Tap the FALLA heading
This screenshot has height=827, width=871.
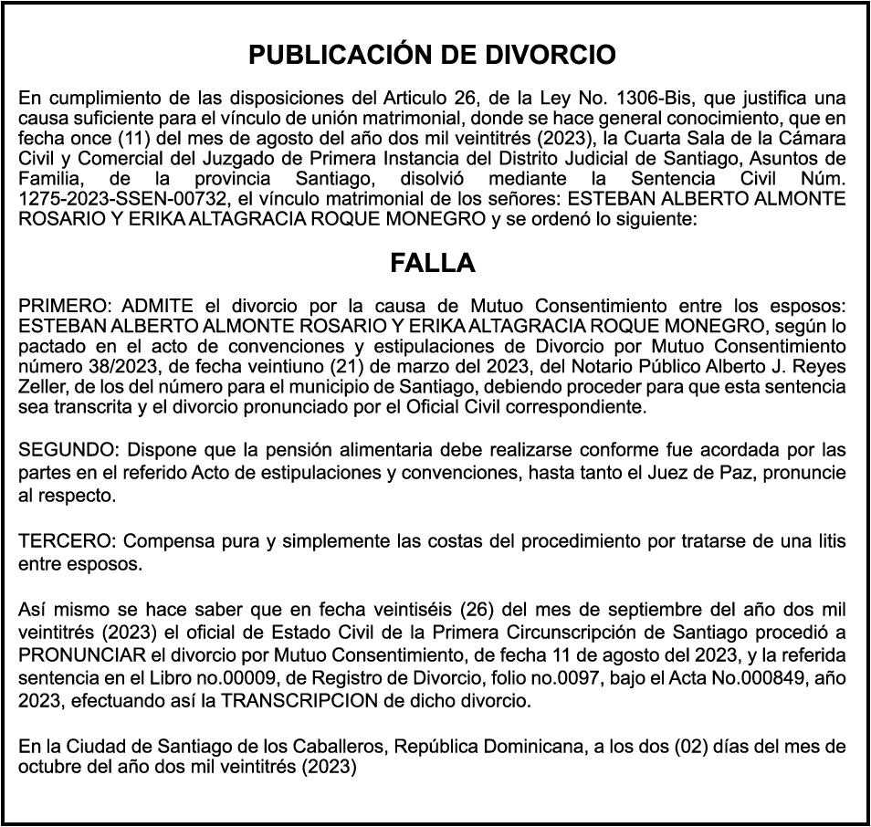tap(433, 264)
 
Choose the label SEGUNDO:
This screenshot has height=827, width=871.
tap(69, 450)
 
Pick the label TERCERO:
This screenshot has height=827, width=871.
tap(67, 541)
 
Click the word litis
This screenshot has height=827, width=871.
tap(828, 541)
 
